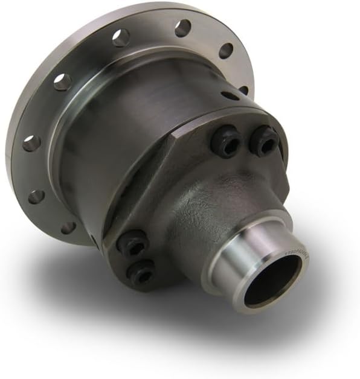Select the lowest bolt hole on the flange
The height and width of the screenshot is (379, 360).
tap(68, 228)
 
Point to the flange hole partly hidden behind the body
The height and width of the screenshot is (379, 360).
tap(243, 91)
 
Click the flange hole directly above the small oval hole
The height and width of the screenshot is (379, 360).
tap(226, 51)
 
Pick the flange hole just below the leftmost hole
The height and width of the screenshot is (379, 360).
tap(36, 197)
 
